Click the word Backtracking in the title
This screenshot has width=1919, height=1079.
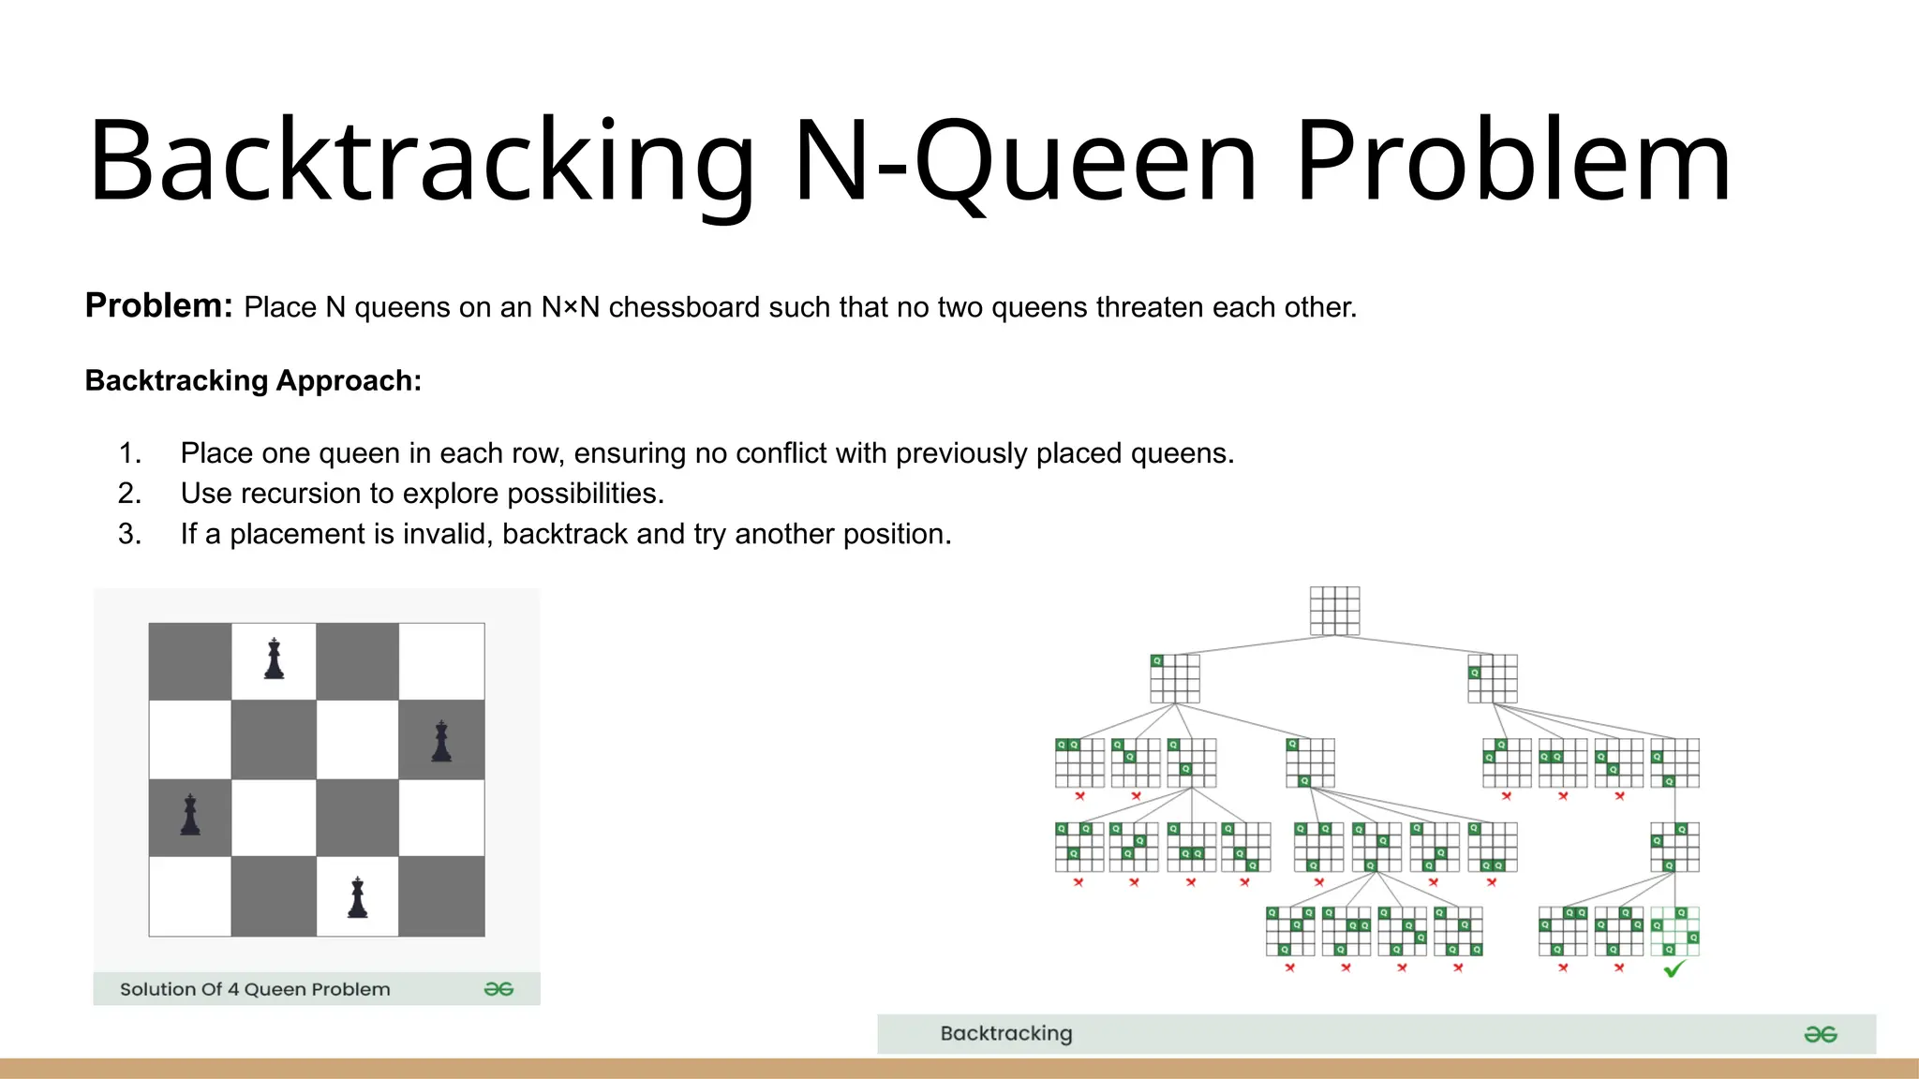click(x=422, y=161)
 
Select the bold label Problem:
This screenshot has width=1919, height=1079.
click(x=158, y=305)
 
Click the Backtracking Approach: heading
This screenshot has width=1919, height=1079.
click(x=253, y=380)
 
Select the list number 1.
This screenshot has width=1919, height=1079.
click(x=129, y=453)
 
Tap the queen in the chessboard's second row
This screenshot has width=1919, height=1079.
click(x=441, y=741)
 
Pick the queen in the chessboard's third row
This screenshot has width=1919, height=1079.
click(x=190, y=816)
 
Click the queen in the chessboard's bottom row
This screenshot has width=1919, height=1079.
click(x=357, y=897)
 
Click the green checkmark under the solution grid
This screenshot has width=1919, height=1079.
click(x=1674, y=969)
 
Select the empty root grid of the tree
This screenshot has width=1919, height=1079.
click(x=1334, y=611)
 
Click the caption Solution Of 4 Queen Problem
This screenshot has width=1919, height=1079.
click(x=255, y=989)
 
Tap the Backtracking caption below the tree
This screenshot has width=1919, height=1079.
click(x=1006, y=1033)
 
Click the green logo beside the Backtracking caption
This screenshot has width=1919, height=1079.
click(x=1820, y=1034)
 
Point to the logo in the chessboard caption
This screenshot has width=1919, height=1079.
click(x=498, y=989)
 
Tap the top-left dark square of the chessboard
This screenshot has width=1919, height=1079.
click(x=190, y=661)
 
